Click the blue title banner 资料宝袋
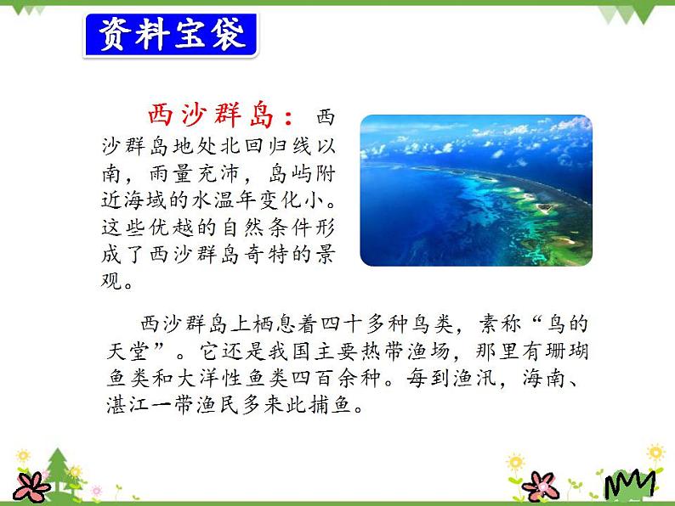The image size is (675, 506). point(171,35)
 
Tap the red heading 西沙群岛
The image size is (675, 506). point(212,115)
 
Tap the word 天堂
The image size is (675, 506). point(128,351)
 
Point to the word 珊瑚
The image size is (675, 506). point(566,351)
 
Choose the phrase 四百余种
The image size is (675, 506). point(337,378)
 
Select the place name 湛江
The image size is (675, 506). point(128,405)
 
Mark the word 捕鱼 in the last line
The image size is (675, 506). point(330,405)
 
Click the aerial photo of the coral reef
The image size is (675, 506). point(476,190)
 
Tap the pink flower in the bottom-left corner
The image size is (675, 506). point(31,487)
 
